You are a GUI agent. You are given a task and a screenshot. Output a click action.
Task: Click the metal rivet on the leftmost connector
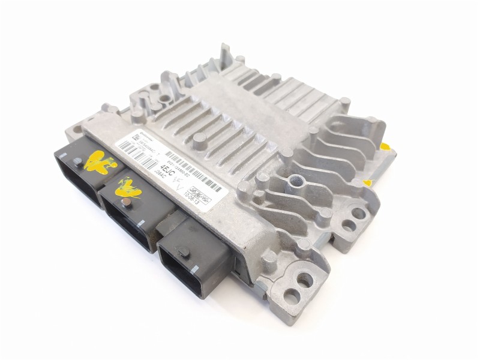[78, 161]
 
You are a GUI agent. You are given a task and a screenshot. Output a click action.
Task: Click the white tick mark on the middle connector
[140, 223]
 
